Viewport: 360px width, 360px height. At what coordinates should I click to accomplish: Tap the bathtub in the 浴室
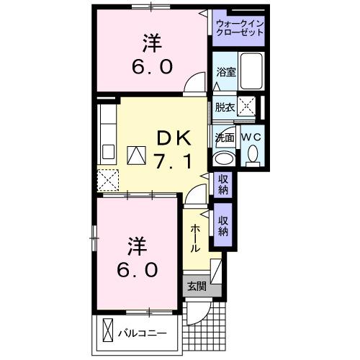point(251,71)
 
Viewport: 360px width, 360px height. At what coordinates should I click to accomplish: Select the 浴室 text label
point(225,71)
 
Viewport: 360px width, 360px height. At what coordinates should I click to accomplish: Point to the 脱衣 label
point(225,107)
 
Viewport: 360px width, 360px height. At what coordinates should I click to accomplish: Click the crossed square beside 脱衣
point(247,107)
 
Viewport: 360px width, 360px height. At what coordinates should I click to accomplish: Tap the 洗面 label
point(225,137)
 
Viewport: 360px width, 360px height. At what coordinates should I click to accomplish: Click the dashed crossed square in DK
point(108,179)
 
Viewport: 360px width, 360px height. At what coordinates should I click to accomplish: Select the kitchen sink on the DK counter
point(108,152)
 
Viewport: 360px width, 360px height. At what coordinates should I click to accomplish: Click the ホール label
point(195,238)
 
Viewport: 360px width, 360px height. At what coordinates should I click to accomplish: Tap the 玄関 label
point(196,286)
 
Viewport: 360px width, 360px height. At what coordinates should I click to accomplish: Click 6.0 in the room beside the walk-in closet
point(151,67)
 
